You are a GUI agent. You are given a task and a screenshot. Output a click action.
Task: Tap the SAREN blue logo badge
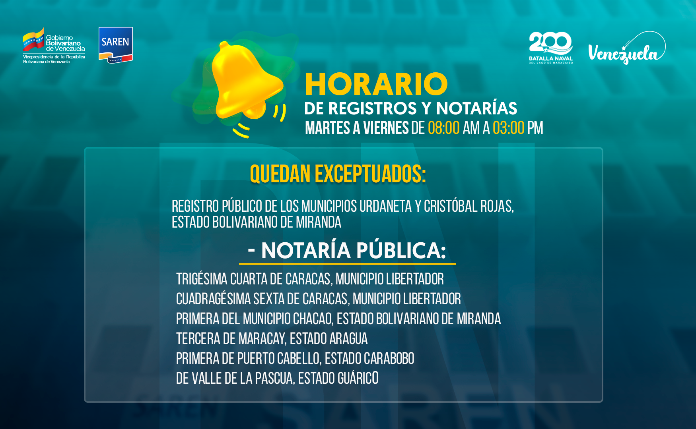point(115,45)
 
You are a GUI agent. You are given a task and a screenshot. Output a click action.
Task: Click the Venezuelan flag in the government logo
point(33,40)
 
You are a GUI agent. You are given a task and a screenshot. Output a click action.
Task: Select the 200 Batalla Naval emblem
point(551,48)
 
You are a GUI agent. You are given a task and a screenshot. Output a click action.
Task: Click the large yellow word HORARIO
point(376,84)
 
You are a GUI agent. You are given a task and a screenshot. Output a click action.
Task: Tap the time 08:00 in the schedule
point(444,128)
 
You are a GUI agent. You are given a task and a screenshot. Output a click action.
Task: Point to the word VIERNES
point(386,128)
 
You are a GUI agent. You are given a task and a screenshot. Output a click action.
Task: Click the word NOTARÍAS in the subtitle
point(476,108)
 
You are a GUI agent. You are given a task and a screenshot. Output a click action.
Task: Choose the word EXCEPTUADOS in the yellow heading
point(370,174)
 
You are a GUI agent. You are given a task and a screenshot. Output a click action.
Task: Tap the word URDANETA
point(385,206)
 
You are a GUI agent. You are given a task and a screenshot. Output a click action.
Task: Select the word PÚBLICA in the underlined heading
point(401,250)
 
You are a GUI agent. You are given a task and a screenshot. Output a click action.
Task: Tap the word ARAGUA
point(348,338)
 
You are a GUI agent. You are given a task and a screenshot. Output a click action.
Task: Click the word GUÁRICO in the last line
point(358,378)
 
